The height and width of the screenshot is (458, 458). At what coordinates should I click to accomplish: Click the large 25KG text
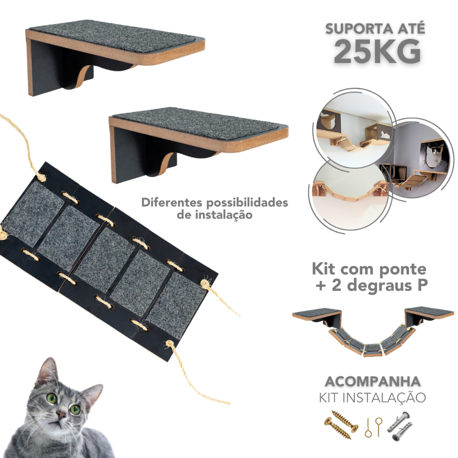pos(377,52)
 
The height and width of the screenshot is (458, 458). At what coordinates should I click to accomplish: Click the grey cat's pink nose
pos(61,414)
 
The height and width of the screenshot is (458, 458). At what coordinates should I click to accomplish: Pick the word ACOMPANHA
pos(373,382)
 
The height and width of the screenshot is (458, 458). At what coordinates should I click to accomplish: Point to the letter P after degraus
pos(422,285)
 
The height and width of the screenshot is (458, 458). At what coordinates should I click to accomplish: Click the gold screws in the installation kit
pos(341,423)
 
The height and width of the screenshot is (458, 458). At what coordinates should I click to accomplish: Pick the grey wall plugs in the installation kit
pos(400,426)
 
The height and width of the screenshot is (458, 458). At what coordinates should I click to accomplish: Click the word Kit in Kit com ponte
pos(324,268)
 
